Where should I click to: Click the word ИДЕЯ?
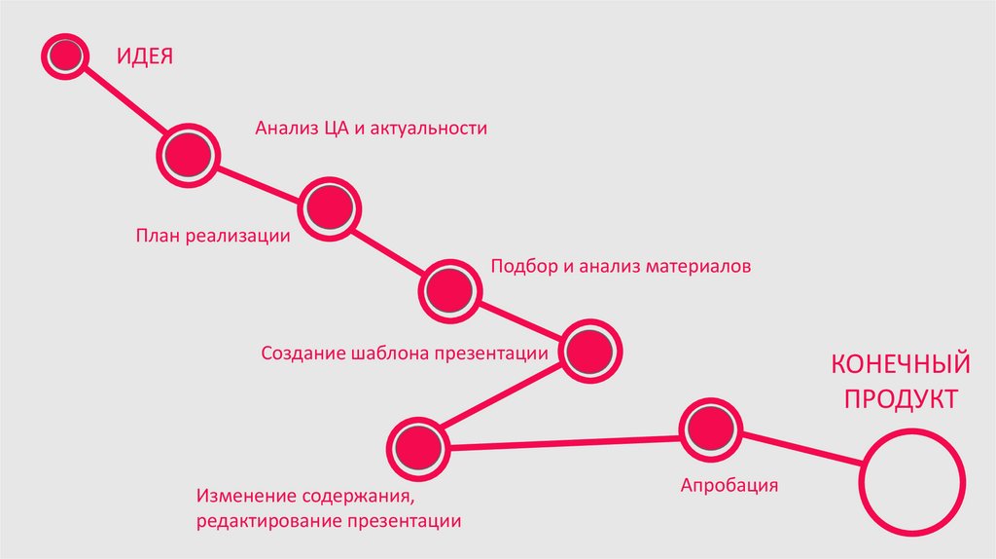click(146, 55)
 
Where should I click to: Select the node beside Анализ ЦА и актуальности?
click(187, 153)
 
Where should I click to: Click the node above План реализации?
click(330, 205)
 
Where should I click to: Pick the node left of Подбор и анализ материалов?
click(449, 289)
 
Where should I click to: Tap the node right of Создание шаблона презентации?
click(589, 350)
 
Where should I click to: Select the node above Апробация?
click(710, 429)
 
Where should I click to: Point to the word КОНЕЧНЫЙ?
click(901, 365)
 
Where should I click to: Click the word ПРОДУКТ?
click(901, 399)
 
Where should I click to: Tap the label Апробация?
click(729, 485)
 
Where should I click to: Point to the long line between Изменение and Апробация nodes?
click(564, 442)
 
